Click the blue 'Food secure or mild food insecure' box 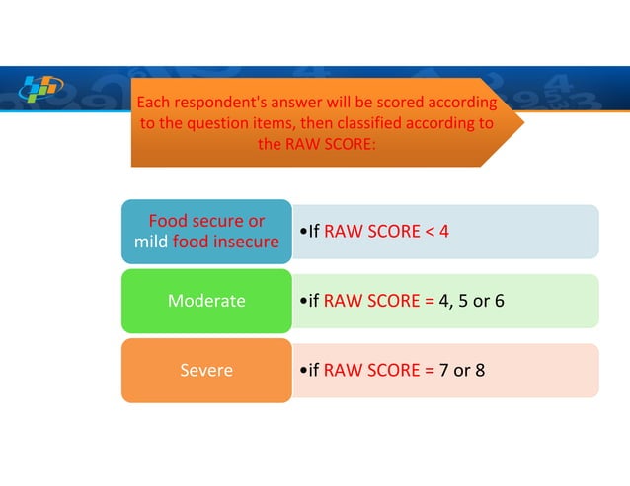(206, 232)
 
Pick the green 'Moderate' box (206, 301)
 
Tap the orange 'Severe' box (206, 371)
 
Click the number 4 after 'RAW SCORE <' (444, 232)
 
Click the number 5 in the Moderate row (459, 301)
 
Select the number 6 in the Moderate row (499, 301)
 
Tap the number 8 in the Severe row (479, 371)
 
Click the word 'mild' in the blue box (150, 242)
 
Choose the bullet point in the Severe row (301, 371)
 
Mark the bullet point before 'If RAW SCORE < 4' (301, 232)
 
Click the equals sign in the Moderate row (429, 301)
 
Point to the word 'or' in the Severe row (461, 371)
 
